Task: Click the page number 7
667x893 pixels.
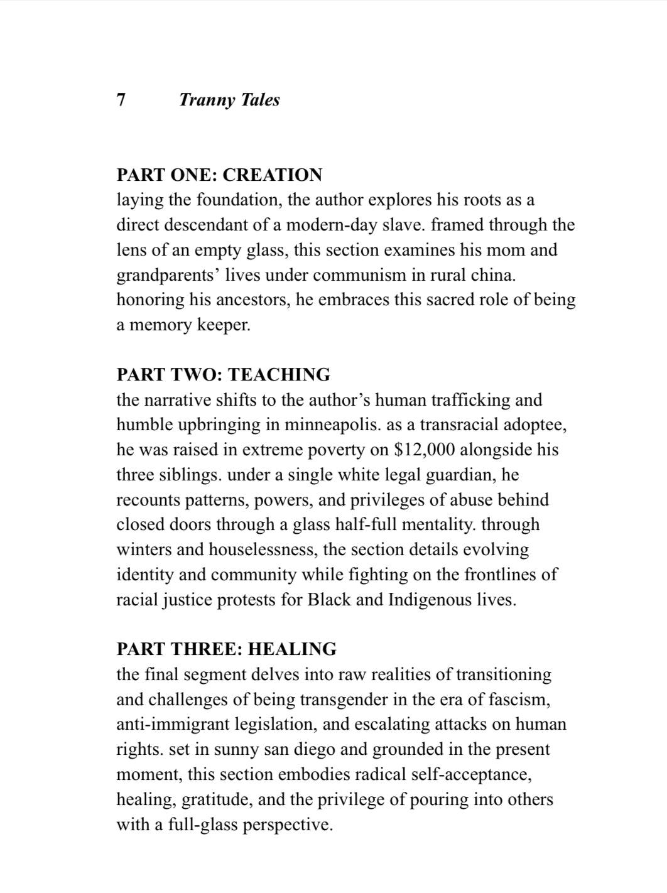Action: [x=121, y=100]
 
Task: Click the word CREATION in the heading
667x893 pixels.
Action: [x=272, y=175]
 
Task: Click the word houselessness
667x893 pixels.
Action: [x=263, y=549]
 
